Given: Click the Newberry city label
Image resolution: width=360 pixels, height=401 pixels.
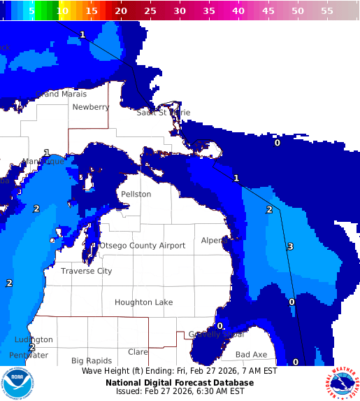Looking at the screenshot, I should tap(91, 107).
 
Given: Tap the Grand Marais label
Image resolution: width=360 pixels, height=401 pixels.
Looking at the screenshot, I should tap(62, 94).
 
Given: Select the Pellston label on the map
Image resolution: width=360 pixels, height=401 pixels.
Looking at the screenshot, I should tap(136, 194).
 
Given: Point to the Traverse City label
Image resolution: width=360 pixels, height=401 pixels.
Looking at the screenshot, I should tap(86, 271).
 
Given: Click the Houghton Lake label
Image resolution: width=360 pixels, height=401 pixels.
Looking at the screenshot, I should tap(144, 302).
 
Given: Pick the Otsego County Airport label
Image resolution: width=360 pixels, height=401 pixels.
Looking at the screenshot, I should tap(143, 246).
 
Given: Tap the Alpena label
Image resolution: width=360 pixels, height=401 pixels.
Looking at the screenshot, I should tap(214, 240).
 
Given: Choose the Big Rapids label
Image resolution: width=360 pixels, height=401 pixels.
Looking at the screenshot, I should tap(92, 361).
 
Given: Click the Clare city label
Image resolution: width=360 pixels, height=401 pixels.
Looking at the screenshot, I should tap(138, 352).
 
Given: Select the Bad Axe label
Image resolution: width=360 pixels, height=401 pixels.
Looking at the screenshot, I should tap(251, 355).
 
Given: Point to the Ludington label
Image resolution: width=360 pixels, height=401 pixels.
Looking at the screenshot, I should tap(34, 339).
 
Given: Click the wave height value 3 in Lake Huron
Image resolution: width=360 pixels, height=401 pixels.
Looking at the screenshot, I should tap(290, 246).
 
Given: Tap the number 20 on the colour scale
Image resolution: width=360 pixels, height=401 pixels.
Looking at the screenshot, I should tap(121, 11).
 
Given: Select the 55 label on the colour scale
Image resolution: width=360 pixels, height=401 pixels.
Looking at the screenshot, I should tap(327, 11).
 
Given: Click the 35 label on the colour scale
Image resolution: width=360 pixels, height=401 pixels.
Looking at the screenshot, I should tap(209, 11).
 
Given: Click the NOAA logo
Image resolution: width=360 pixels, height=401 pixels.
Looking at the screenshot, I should tap(17, 384).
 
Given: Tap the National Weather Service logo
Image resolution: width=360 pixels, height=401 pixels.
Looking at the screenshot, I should tap(342, 384).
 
